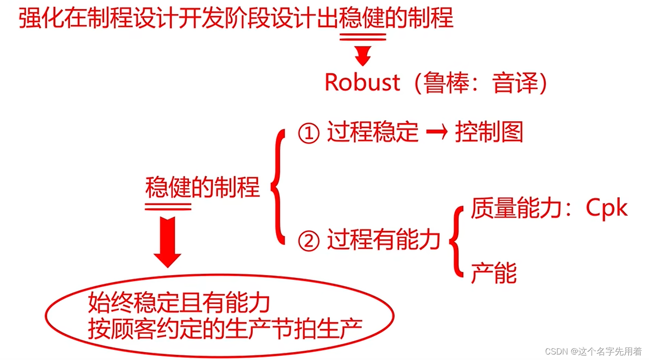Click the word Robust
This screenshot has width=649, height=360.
[362, 82]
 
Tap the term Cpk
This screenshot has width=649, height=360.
[606, 209]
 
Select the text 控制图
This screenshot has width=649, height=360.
[489, 133]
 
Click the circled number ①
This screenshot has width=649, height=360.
[309, 133]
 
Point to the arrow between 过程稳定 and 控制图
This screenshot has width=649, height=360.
[436, 133]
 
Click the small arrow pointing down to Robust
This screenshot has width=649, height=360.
[363, 56]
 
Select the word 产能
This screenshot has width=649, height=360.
[494, 273]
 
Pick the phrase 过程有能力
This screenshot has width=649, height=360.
[384, 240]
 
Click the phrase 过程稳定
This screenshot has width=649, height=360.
[372, 133]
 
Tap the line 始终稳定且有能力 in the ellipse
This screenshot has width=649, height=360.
[179, 303]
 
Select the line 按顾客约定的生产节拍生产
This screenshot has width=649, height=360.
[225, 328]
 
